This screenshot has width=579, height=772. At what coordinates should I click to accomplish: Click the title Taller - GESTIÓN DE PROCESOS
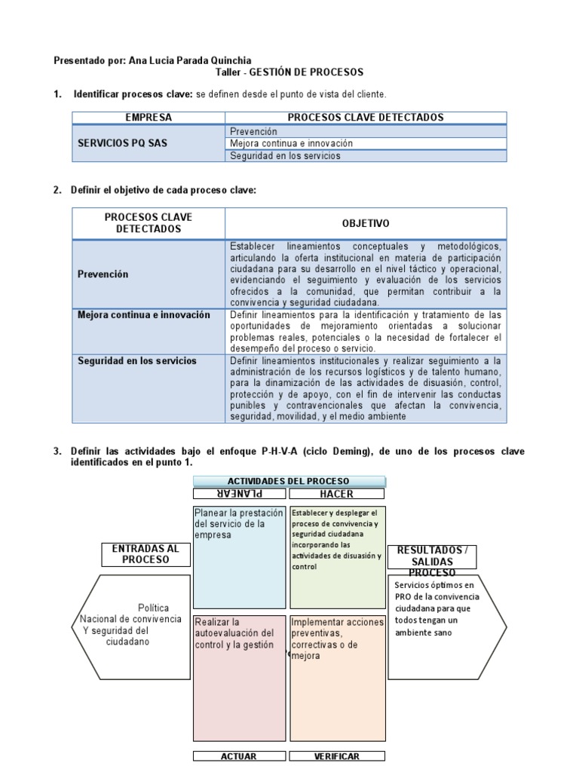coord(289,72)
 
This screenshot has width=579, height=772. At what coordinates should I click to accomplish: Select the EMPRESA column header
coord(149,118)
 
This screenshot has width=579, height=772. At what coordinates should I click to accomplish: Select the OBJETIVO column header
coord(366,224)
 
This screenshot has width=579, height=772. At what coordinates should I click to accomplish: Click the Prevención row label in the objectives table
coord(103,274)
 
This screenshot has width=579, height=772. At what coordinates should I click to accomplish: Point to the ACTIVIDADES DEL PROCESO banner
coord(289,481)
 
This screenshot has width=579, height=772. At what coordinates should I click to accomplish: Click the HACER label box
coord(336,494)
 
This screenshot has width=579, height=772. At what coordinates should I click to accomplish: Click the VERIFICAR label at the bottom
coord(336,756)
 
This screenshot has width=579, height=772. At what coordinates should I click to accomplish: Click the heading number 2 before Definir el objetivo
coord(57,190)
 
